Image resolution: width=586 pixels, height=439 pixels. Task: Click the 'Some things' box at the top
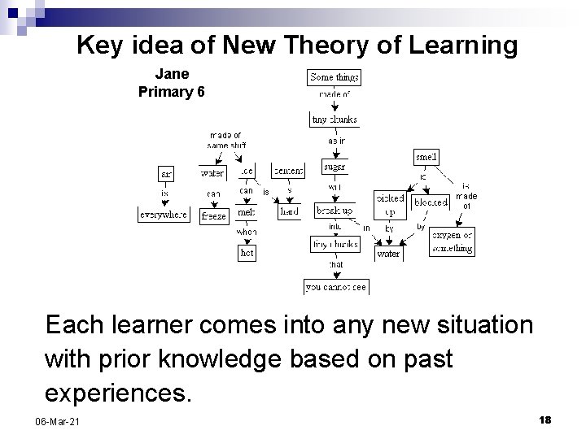[x=334, y=77]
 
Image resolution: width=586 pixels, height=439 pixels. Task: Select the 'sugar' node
[x=335, y=167]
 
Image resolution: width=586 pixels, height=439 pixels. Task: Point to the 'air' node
[x=165, y=173]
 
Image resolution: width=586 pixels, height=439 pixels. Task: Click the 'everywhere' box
[x=163, y=215]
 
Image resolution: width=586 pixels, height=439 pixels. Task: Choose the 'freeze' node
[x=213, y=216]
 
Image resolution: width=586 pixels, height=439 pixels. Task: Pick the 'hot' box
[x=247, y=253]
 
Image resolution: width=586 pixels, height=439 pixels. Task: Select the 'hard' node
[x=289, y=211]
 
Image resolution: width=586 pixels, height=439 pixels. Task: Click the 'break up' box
[x=335, y=211]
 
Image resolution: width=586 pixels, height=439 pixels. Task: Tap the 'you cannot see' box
[x=335, y=286]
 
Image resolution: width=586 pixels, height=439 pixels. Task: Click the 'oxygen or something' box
[x=452, y=242]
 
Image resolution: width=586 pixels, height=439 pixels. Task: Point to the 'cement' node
[x=288, y=171]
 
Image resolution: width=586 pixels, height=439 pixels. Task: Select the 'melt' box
[x=246, y=211]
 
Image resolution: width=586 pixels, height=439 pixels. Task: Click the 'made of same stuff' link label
[x=226, y=140]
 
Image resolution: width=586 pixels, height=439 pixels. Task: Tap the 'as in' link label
[x=336, y=141]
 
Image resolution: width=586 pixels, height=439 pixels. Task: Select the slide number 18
[x=545, y=419]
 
